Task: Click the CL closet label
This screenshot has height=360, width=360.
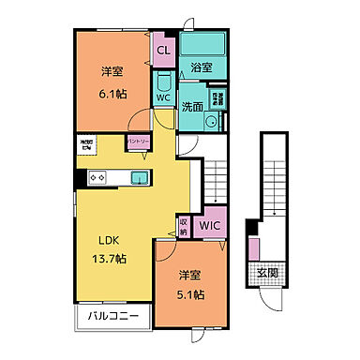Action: (162, 50)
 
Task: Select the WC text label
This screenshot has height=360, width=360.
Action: (162, 97)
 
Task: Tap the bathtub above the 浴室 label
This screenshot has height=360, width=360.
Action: (202, 45)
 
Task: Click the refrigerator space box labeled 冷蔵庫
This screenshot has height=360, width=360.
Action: (84, 146)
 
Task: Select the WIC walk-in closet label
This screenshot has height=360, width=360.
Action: (211, 225)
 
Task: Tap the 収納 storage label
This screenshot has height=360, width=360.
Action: (184, 225)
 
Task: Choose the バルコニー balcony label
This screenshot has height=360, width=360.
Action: (113, 316)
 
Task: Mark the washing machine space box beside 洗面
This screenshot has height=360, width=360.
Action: (217, 96)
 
